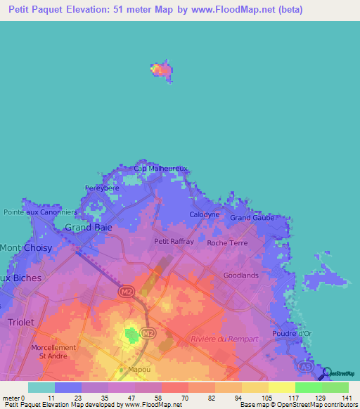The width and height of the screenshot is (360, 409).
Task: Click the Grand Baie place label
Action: click(89, 227)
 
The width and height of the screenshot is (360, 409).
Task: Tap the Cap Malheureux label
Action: click(161, 169)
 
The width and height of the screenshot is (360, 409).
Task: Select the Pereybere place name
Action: click(102, 188)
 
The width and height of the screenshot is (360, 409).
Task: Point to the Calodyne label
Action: click(205, 214)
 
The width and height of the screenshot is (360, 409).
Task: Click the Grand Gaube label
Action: click(252, 218)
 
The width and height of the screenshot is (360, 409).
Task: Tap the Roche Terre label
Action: click(227, 243)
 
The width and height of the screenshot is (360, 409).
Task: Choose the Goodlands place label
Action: click(240, 275)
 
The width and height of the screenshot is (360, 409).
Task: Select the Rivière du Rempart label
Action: click(224, 339)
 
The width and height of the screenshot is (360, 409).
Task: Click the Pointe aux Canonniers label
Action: click(40, 212)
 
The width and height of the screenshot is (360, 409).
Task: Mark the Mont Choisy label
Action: click(20, 248)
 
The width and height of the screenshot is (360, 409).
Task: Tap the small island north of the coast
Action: click(162, 70)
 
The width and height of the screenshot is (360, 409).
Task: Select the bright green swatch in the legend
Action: click(308, 387)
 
